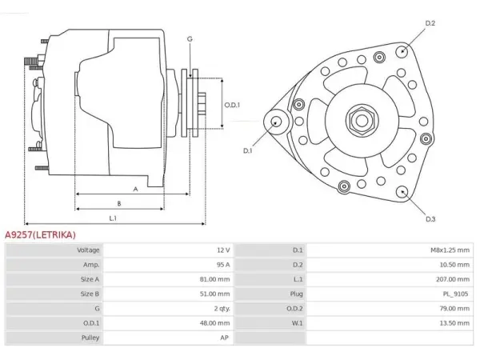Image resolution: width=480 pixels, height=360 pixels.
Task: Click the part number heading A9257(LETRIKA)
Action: (x=40, y=234)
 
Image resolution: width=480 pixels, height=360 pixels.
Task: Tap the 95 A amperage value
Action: (x=223, y=265)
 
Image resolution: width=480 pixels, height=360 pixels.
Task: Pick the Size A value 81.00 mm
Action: (x=214, y=279)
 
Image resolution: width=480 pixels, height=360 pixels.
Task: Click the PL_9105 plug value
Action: (x=455, y=294)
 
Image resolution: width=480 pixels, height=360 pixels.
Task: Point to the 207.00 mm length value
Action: (x=453, y=279)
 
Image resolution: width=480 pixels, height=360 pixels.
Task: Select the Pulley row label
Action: (x=90, y=338)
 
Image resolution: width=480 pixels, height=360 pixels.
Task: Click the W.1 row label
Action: (x=297, y=323)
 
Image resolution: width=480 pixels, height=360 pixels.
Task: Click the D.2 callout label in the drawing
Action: (x=430, y=23)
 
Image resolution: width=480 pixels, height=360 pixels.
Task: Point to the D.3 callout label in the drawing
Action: (x=430, y=219)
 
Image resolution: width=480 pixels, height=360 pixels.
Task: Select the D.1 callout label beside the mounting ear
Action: (x=247, y=150)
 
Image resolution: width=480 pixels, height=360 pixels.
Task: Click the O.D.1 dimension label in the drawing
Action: (x=232, y=105)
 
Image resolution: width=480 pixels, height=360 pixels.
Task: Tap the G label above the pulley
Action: (x=190, y=39)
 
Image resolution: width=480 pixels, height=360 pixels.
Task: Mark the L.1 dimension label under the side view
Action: (x=113, y=218)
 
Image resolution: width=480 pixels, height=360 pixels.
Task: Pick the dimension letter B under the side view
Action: (x=119, y=203)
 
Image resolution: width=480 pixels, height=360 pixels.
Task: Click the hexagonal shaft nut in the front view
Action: (x=362, y=121)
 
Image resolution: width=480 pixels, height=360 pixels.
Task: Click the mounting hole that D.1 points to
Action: (x=277, y=122)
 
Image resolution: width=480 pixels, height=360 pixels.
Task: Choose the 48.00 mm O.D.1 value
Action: (x=214, y=323)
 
